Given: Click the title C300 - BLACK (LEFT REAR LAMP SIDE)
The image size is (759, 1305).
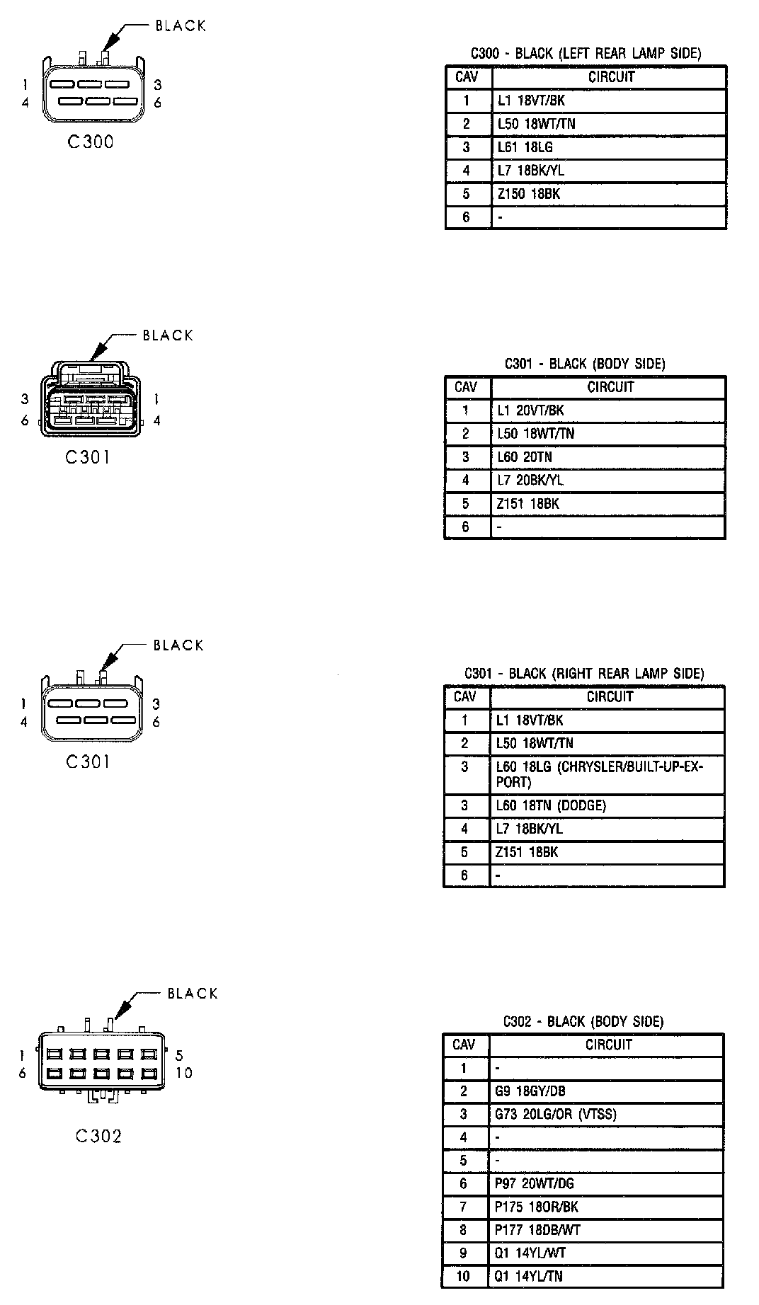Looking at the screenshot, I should (586, 53).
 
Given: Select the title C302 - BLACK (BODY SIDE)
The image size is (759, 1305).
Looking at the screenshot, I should (583, 1021).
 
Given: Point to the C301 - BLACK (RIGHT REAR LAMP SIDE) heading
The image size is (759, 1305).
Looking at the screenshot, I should (584, 673).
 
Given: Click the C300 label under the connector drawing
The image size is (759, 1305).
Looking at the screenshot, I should (91, 142).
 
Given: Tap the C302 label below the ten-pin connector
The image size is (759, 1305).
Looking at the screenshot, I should (98, 1136).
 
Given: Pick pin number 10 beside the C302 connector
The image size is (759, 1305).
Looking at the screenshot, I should (183, 1073).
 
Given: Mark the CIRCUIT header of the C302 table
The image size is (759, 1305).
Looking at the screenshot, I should (608, 1045).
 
